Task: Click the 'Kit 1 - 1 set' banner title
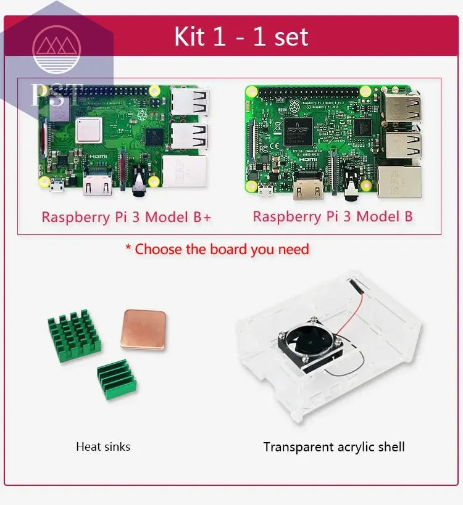click(241, 36)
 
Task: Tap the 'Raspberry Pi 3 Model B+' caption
click(126, 217)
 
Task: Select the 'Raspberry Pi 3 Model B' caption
click(333, 216)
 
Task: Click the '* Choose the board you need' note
click(217, 249)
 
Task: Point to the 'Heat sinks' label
click(103, 446)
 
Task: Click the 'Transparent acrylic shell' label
click(334, 446)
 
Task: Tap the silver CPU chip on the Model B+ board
click(88, 131)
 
